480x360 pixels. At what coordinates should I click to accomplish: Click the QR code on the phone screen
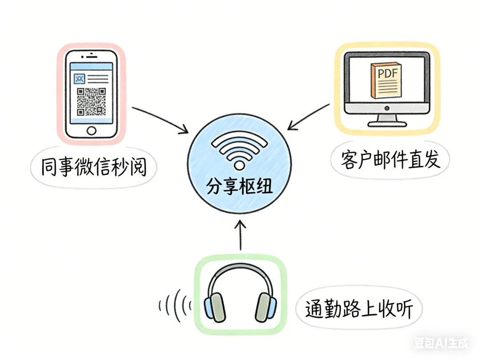[91, 102]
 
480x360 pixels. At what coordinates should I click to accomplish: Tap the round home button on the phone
[91, 130]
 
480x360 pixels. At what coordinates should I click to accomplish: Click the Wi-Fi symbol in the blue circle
[240, 152]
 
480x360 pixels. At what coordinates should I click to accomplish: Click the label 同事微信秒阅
[93, 168]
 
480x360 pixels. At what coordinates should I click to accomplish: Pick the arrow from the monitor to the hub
[309, 116]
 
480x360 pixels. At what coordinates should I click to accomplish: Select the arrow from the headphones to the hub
[240, 236]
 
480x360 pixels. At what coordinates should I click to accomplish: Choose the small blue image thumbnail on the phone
[80, 79]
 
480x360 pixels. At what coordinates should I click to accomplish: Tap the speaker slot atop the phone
[91, 57]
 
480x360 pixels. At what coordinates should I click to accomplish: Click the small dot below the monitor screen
[386, 108]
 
